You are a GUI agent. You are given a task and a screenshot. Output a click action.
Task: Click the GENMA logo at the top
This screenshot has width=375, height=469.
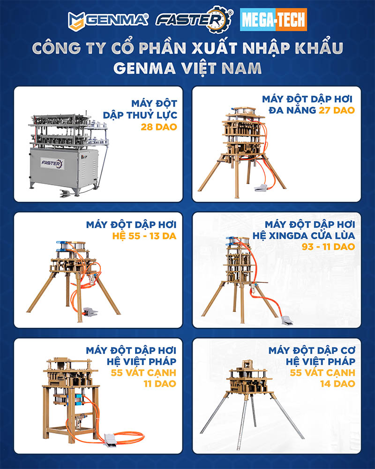[108, 21]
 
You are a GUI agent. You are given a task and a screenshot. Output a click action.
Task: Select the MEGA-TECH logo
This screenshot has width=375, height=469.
[273, 20]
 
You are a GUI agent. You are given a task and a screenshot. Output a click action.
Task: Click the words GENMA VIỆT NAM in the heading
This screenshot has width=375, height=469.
[187, 68]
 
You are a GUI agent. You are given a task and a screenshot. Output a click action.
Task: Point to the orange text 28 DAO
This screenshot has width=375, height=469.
[159, 127]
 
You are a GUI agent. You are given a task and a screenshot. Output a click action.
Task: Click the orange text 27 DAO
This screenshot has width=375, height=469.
[337, 110]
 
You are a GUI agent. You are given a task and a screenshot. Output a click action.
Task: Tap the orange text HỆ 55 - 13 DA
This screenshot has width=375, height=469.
[144, 236]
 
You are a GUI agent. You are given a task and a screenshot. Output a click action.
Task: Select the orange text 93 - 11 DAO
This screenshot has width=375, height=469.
[328, 247]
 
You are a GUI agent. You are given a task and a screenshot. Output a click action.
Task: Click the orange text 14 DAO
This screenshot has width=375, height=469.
[337, 384]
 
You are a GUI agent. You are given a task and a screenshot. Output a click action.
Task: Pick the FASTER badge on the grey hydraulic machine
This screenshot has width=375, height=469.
[52, 164]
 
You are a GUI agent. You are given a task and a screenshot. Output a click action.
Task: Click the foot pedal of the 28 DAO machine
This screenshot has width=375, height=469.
[66, 193]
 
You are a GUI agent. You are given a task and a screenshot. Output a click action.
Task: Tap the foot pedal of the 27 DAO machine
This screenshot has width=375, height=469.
[262, 188]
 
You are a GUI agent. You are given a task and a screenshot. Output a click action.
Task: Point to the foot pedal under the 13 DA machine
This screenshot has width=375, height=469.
[90, 312]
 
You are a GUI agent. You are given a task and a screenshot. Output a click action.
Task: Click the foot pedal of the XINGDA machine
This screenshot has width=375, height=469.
[286, 320]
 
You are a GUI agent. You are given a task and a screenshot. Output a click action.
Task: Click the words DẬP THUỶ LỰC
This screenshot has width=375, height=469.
[140, 115]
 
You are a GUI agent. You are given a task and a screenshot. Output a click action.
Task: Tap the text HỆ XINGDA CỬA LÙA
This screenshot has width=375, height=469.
[304, 236]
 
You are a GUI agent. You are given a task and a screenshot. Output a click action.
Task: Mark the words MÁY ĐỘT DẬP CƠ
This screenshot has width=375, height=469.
[312, 350]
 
